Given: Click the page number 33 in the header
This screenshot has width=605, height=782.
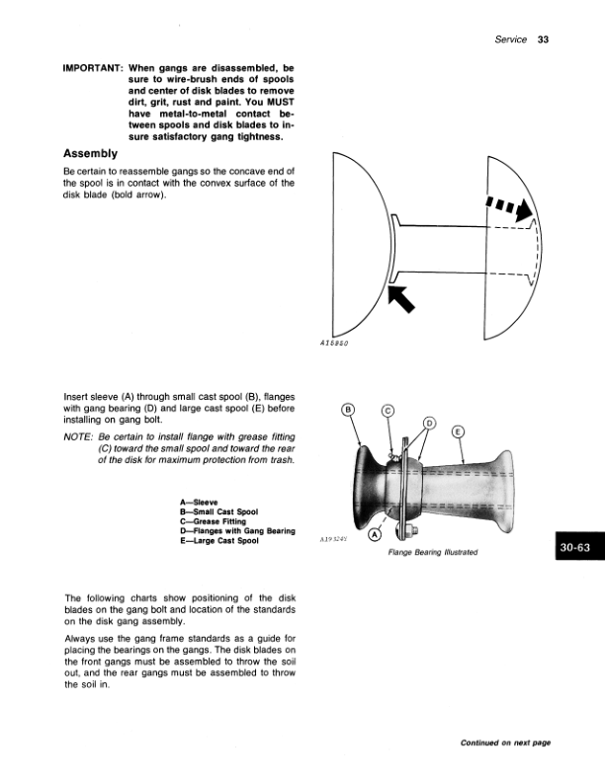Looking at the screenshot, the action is [543, 39].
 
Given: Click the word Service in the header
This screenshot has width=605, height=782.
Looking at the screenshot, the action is [510, 39].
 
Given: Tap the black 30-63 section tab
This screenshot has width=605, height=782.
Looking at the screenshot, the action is [579, 547].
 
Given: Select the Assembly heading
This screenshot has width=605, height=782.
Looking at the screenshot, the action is [90, 154].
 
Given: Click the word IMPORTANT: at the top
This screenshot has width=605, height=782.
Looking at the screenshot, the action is [93, 68].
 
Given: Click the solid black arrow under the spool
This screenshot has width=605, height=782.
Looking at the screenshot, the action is [401, 298].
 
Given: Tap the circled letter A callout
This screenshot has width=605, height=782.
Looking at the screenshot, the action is [375, 535].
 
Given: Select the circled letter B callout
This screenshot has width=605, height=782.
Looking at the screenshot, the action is [348, 410].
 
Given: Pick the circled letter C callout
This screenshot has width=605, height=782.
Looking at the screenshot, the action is [388, 411].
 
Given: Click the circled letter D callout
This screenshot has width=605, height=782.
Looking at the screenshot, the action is [429, 424].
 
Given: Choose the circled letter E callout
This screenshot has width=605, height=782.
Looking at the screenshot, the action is [458, 431].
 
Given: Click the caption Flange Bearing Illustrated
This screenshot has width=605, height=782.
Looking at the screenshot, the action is [433, 552].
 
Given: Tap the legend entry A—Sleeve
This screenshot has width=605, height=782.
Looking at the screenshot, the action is [199, 503].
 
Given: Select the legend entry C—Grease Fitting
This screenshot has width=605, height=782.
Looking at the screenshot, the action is [214, 521].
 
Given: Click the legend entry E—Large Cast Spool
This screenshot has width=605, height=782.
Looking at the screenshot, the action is [219, 541].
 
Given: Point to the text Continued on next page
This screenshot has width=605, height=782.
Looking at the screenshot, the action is [505, 743].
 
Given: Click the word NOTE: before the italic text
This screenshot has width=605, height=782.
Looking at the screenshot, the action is [78, 436].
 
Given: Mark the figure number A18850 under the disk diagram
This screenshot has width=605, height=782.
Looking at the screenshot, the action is [334, 344].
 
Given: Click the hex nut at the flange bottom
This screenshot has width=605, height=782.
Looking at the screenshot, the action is [411, 530].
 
